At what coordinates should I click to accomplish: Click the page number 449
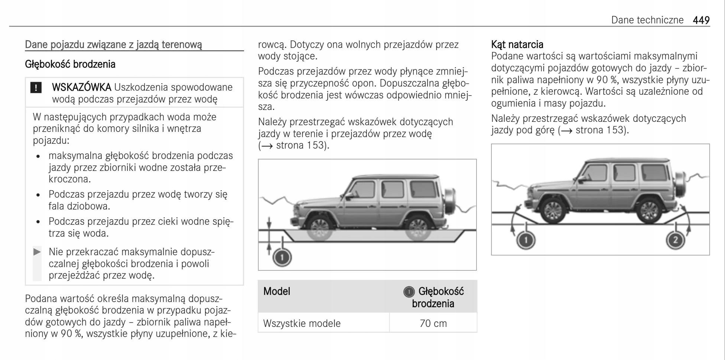click(x=701, y=20)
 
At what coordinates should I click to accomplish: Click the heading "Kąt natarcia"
click(x=517, y=45)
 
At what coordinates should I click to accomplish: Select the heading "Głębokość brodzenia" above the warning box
click(x=70, y=64)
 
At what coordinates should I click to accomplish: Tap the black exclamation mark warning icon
click(x=36, y=88)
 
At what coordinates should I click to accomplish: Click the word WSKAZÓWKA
click(x=81, y=87)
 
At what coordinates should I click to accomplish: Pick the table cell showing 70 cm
click(x=433, y=323)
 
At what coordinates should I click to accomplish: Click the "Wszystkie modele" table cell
click(x=302, y=323)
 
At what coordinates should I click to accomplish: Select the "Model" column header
click(x=277, y=291)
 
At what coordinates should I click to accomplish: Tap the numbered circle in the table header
click(x=409, y=292)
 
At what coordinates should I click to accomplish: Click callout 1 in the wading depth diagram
click(x=282, y=257)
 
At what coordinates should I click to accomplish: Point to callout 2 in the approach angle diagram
click(x=675, y=240)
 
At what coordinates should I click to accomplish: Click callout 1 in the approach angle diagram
click(x=526, y=240)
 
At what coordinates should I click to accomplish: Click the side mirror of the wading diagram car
click(x=348, y=195)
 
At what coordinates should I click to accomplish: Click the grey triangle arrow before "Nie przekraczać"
click(x=37, y=252)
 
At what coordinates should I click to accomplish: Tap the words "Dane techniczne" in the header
click(x=647, y=20)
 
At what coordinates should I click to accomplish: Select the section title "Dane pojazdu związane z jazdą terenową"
click(x=113, y=45)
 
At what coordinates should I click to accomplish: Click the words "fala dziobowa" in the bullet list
click(x=79, y=206)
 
